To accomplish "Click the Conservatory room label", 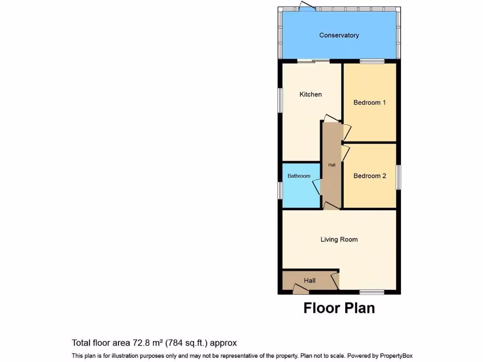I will (x=339, y=35).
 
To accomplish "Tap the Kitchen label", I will (x=311, y=94).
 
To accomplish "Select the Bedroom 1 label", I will (x=370, y=102).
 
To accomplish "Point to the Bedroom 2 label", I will (x=370, y=176).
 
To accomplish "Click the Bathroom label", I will (x=299, y=176).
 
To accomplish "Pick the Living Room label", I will (x=339, y=239).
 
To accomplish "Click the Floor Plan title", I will (x=339, y=308).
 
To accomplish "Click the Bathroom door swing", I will (x=317, y=187).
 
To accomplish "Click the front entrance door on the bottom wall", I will (x=300, y=289).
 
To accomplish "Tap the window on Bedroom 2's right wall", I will (x=398, y=177).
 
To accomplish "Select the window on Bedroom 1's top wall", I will (x=372, y=61).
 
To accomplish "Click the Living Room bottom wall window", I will (x=372, y=292).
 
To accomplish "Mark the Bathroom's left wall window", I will (x=280, y=191).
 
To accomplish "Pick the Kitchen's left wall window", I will (x=280, y=100).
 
